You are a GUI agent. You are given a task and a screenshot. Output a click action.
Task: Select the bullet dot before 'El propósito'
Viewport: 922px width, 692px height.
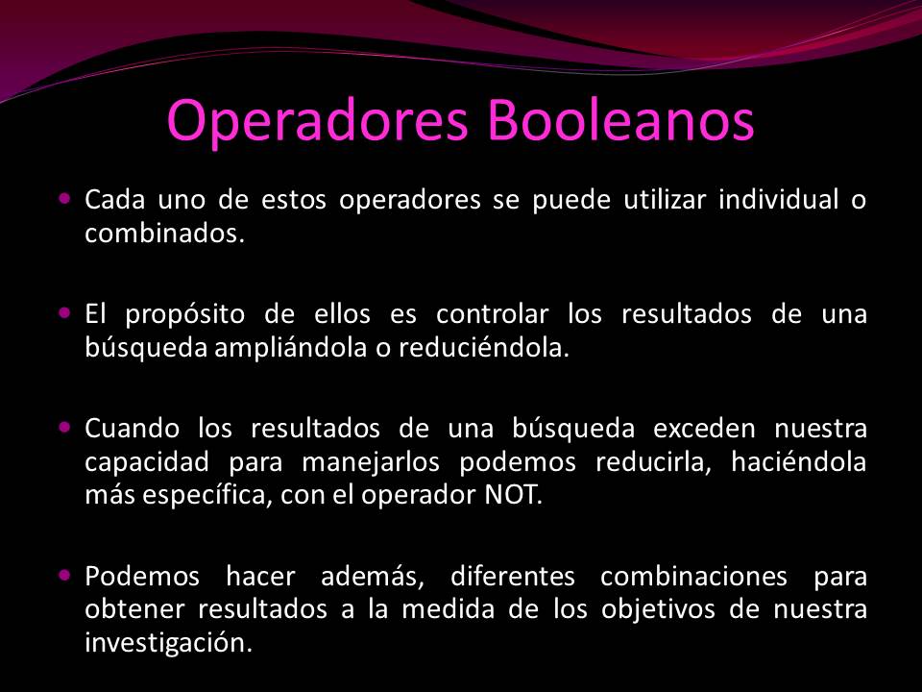[64, 312]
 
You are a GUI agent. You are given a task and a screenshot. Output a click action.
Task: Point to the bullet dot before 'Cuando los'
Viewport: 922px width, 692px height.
[64, 424]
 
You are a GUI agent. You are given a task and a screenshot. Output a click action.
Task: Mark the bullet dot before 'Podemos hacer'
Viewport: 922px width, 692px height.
[64, 575]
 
